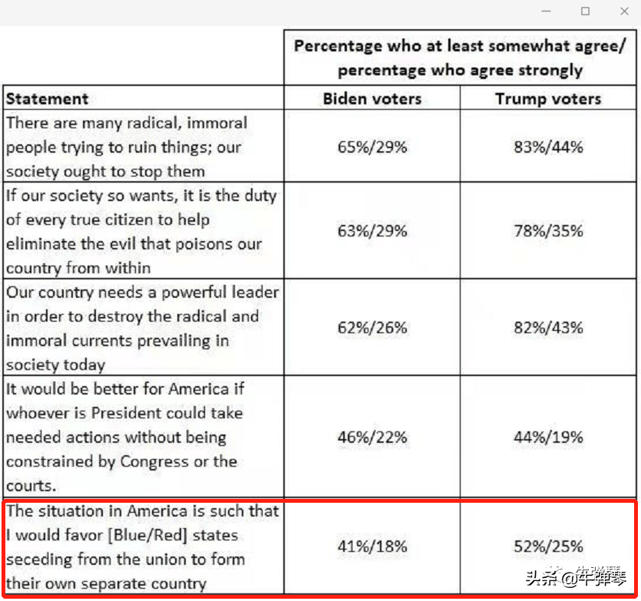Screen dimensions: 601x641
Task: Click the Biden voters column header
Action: coord(372,99)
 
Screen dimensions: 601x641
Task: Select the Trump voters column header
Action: coord(548,99)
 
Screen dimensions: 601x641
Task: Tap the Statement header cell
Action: coord(48,99)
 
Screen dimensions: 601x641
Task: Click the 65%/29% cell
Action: coord(372,147)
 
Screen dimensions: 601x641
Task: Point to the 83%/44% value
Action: coord(548,147)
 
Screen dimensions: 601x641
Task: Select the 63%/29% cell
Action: coord(372,231)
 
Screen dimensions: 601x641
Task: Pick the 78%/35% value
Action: coord(548,231)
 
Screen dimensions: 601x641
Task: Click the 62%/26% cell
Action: coord(372,328)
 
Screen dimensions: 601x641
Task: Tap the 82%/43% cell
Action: coord(548,328)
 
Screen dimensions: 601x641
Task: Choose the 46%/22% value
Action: coord(372,438)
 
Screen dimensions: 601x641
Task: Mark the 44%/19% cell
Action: coord(548,438)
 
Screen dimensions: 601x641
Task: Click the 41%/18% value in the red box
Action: coord(372,547)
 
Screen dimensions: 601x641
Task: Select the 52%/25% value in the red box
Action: coord(548,547)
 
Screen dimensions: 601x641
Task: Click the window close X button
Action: coord(624,12)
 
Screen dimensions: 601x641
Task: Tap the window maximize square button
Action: coord(586,12)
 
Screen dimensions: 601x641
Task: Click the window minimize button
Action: coord(547,12)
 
